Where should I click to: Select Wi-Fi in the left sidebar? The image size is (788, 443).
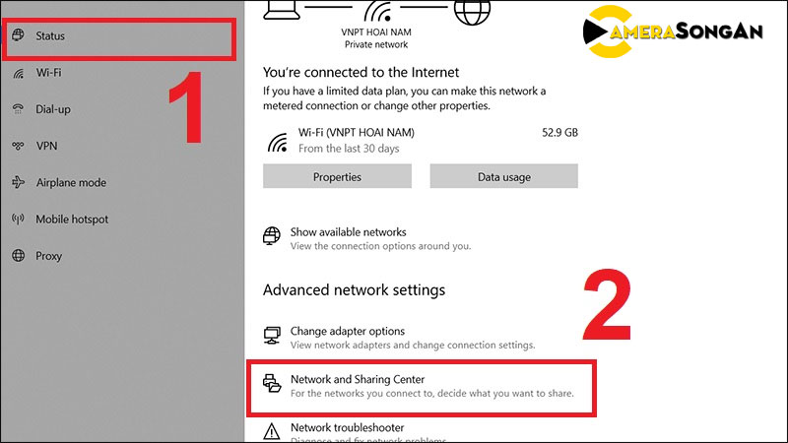48,73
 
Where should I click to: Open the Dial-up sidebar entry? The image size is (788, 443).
53,109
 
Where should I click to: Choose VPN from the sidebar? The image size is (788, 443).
46,146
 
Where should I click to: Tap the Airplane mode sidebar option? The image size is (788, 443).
71,183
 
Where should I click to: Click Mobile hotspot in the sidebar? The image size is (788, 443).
72,220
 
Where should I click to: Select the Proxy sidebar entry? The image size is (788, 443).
48,256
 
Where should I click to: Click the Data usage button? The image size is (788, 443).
503,176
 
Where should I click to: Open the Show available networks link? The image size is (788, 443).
349,232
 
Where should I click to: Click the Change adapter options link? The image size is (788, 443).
348,332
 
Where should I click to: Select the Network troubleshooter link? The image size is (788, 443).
348,428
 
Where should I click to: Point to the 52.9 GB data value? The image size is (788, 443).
559,133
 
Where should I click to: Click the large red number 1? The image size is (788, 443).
186,107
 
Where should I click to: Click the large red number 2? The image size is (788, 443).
607,305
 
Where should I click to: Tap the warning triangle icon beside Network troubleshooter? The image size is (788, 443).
272,431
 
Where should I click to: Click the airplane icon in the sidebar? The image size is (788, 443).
18,182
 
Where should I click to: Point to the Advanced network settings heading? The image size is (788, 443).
354,290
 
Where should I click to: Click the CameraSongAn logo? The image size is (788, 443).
673,32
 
